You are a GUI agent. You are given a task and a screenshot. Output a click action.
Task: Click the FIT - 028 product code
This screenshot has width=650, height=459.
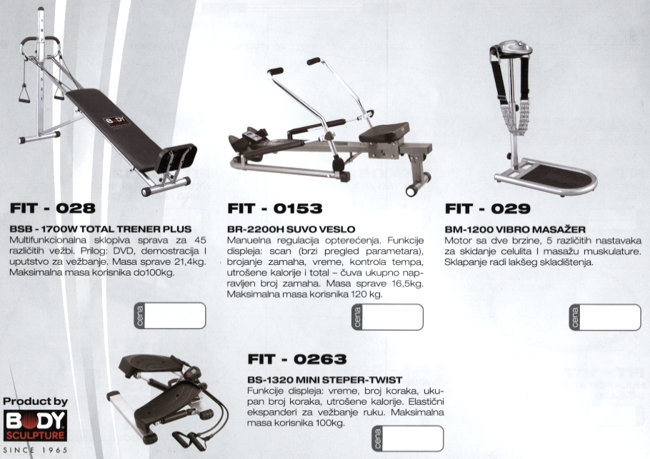point(53,208)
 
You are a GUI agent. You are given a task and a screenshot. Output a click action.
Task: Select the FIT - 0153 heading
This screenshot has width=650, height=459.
point(275,208)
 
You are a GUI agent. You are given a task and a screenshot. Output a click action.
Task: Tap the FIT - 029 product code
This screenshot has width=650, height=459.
point(487,208)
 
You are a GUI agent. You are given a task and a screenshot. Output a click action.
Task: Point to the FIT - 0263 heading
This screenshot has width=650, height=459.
point(297,359)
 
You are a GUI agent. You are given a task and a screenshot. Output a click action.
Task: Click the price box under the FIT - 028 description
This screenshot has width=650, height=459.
point(170,316)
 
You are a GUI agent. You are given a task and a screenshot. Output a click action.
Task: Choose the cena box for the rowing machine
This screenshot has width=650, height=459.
point(388,317)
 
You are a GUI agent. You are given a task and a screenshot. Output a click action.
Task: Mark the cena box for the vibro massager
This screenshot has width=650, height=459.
point(605,318)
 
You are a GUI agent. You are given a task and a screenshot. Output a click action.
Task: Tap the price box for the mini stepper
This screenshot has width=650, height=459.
point(407,438)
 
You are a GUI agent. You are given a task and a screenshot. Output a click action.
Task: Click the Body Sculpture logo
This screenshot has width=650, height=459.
point(35,425)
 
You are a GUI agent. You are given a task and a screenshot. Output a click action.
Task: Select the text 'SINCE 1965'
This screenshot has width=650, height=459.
point(35,450)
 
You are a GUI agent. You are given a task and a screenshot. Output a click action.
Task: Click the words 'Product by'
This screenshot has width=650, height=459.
point(35,401)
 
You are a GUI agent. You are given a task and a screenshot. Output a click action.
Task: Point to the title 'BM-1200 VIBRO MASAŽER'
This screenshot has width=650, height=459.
point(515,229)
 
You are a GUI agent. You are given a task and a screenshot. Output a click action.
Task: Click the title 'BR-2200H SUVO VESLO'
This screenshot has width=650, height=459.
point(291,229)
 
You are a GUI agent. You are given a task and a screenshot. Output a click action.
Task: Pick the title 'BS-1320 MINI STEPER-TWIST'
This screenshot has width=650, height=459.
point(324,380)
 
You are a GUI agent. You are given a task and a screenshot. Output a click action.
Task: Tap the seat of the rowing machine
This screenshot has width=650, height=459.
point(384,133)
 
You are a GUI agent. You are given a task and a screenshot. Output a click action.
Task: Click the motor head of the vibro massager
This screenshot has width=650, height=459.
point(511,49)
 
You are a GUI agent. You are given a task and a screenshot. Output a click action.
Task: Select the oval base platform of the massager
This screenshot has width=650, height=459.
point(548,177)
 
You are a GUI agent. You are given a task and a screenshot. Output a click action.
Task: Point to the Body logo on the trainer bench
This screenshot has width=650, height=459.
point(116,123)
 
